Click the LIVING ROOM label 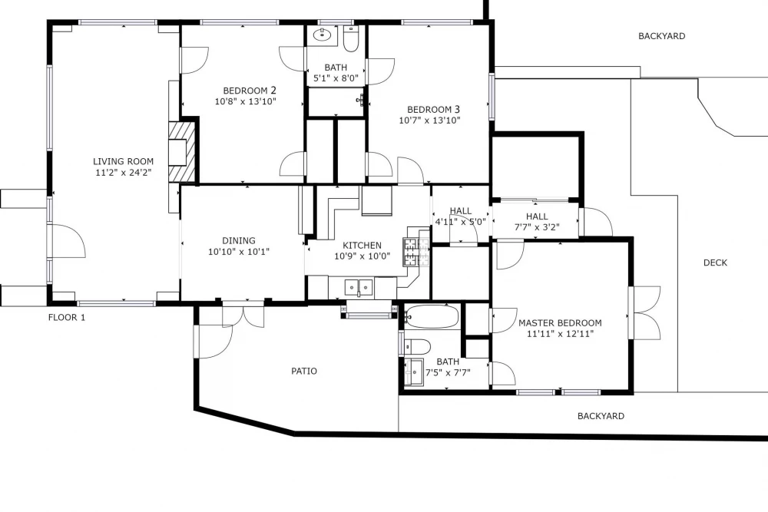coord(124,161)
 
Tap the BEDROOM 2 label coord(250,91)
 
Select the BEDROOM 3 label coord(433,110)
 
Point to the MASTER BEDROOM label coord(560,323)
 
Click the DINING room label coord(239,241)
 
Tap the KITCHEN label coord(362,245)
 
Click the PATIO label coord(304,371)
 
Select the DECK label coord(715,263)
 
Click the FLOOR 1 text coord(67,317)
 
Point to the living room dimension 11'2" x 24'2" coord(124,172)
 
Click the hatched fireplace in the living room coord(182,152)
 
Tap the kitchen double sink coord(359,287)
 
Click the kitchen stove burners coord(415,252)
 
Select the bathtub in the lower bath coord(432,316)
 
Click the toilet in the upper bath coord(351,39)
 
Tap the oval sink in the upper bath coord(323,35)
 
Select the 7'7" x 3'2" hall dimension coord(537,227)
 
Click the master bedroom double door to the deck coord(645,313)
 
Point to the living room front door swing coord(68,241)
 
